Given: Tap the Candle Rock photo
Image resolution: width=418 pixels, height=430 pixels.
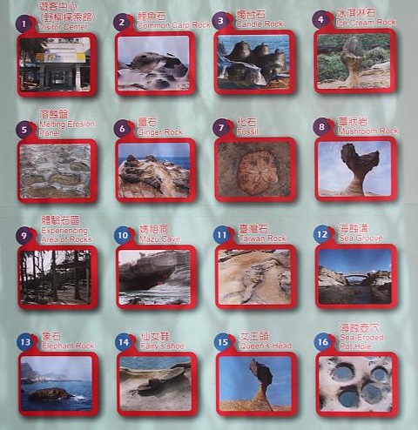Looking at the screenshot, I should (x=253, y=64).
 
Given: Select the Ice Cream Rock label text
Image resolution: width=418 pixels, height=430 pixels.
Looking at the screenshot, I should (x=366, y=22).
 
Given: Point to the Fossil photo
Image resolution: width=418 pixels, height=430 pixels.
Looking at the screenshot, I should (x=253, y=169).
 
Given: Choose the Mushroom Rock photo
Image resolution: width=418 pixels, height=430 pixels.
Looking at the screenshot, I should (x=354, y=168).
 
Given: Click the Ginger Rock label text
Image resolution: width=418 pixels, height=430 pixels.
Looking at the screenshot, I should (x=160, y=131).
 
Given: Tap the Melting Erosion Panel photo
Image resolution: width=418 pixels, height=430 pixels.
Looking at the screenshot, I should (x=55, y=171).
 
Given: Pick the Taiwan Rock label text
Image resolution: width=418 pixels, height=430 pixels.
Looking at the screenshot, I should (x=265, y=238).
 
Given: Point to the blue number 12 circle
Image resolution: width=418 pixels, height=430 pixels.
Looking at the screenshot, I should (x=322, y=233).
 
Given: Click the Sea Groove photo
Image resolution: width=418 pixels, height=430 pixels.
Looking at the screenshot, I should (x=354, y=275).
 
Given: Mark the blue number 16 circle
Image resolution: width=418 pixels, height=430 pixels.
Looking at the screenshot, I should (x=322, y=341).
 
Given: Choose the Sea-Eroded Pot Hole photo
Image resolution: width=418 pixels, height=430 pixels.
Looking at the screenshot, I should (x=355, y=384).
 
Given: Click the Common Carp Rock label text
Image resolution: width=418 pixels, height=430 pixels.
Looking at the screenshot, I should (x=174, y=25).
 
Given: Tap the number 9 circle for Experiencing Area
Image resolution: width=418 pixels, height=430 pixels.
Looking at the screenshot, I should (x=24, y=236).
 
